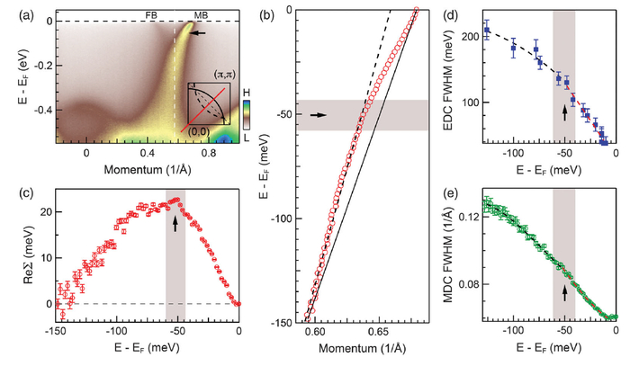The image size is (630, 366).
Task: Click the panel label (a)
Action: point(12,10)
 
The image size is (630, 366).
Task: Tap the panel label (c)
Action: point(12,194)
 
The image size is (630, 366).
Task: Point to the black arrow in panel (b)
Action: point(319,115)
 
